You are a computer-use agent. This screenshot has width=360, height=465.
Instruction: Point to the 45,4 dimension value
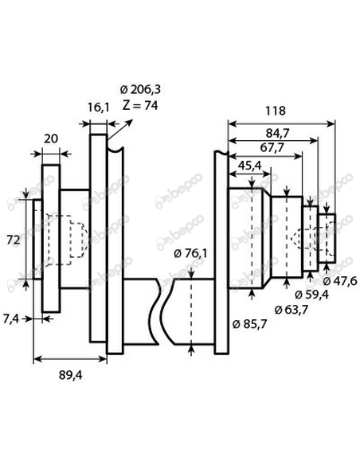point(250,166)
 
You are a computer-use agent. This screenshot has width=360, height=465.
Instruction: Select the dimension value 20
point(50,139)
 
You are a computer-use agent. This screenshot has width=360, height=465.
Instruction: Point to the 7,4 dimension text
point(11,318)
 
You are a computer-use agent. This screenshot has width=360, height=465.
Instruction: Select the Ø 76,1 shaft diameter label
point(190,254)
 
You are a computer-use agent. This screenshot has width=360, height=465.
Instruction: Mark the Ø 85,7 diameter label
point(251,324)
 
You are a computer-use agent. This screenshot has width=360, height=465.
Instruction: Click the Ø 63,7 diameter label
point(291,309)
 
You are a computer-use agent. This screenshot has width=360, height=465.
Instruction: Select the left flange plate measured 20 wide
point(51,237)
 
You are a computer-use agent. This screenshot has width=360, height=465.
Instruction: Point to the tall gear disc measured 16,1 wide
point(97,239)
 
